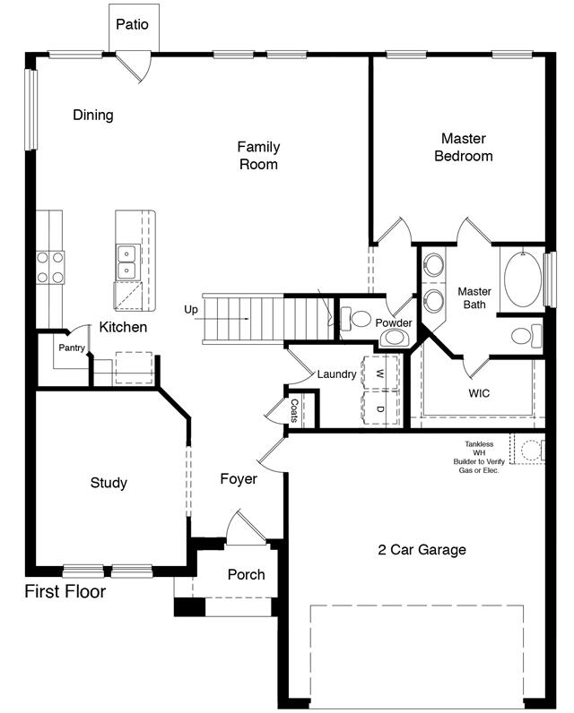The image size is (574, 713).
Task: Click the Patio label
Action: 132,24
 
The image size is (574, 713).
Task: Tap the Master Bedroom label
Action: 464,147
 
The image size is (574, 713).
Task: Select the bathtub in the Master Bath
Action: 523,279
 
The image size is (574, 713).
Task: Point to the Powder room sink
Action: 395,338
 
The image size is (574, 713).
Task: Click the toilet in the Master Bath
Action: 526,336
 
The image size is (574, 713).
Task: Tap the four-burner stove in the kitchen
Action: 50,267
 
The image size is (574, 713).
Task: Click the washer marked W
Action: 380,373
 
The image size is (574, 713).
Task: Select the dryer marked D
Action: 380,408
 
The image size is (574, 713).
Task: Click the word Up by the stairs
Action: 191,310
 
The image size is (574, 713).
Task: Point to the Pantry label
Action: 72,348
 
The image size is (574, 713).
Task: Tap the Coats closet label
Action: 294,410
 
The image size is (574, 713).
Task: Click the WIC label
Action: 479,393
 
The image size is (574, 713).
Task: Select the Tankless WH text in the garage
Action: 479,449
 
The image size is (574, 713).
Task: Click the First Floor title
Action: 65,591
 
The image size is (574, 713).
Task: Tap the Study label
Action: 109,483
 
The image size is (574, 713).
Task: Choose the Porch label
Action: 247,574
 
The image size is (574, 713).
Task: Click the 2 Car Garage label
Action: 422,550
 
